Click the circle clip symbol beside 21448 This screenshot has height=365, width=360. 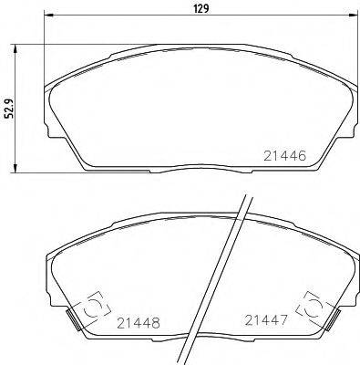coord(91,308)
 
